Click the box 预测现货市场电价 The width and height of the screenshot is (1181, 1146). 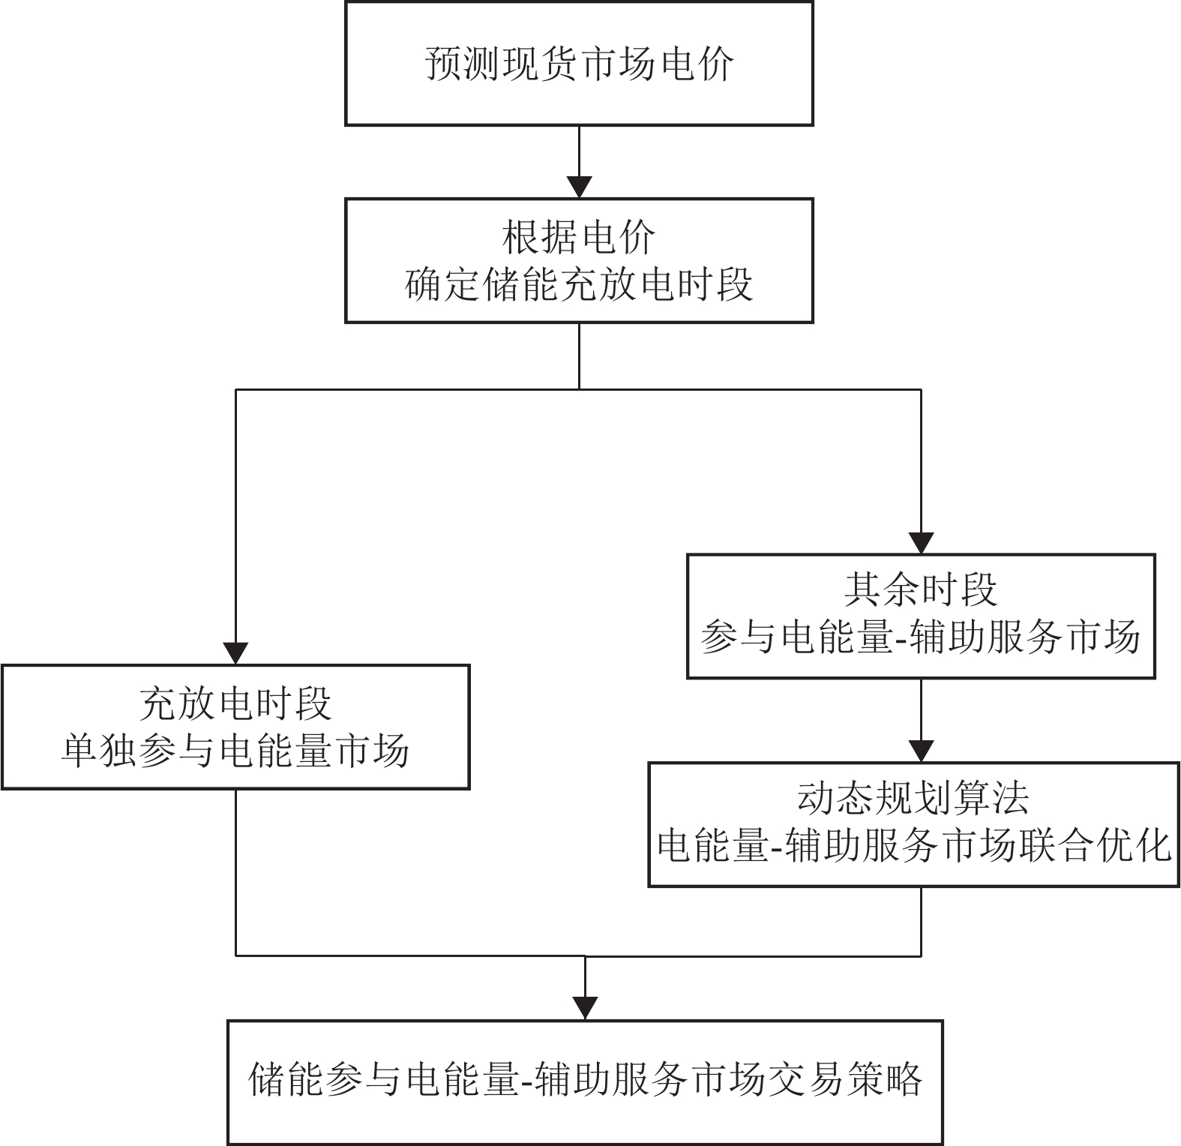579,64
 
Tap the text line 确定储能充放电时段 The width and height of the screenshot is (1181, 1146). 579,285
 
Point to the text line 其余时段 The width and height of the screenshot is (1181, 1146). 921,590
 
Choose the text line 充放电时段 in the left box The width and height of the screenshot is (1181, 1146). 235,703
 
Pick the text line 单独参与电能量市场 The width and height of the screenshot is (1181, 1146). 235,751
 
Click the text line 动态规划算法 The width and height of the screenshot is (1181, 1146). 913,799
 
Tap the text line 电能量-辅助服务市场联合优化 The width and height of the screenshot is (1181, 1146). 913,847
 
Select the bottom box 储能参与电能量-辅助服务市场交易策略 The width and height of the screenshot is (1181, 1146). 585,1081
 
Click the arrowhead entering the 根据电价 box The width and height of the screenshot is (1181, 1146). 580,187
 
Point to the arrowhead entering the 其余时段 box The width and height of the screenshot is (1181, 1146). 921,543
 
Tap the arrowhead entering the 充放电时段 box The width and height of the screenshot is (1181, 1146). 236,653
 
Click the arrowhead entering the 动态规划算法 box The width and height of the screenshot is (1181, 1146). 921,751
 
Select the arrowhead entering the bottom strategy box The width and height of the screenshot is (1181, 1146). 585,1008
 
